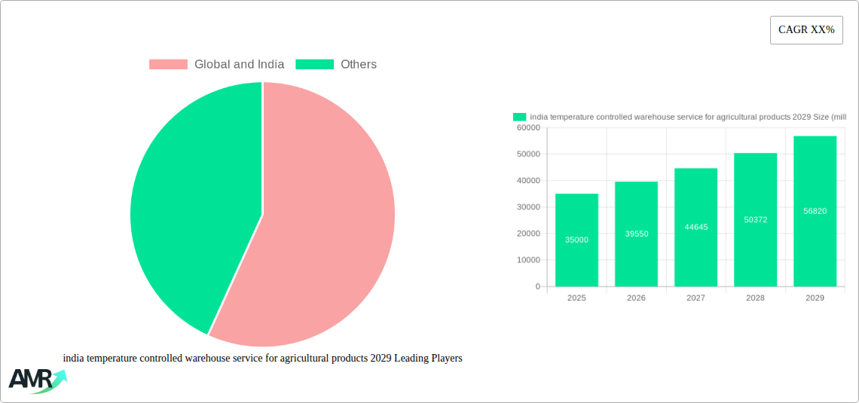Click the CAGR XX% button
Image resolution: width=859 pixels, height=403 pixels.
[x=806, y=30]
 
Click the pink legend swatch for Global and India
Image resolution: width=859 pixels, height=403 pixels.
[x=168, y=65]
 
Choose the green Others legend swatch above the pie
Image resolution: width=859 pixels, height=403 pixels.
[x=314, y=65]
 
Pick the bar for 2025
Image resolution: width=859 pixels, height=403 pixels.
[x=576, y=240]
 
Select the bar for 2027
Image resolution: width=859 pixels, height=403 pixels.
[x=695, y=227]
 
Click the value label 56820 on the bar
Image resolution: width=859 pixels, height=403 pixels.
[x=815, y=211]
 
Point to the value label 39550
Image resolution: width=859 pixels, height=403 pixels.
[x=636, y=234]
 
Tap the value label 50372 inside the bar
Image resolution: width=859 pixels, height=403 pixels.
[x=755, y=219]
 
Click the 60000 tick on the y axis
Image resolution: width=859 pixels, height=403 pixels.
[x=528, y=128]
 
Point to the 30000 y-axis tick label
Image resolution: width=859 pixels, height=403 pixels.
[x=528, y=207]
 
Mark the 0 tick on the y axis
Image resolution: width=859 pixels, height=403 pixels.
[x=537, y=286]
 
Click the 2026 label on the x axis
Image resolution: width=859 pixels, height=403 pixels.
[x=636, y=298]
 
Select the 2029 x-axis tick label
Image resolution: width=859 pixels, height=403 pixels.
[x=815, y=298]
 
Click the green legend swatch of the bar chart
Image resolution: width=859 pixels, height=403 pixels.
[x=519, y=117]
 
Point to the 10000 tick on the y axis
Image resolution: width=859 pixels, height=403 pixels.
[x=528, y=260]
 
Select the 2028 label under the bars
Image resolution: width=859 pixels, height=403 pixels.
[x=755, y=298]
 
